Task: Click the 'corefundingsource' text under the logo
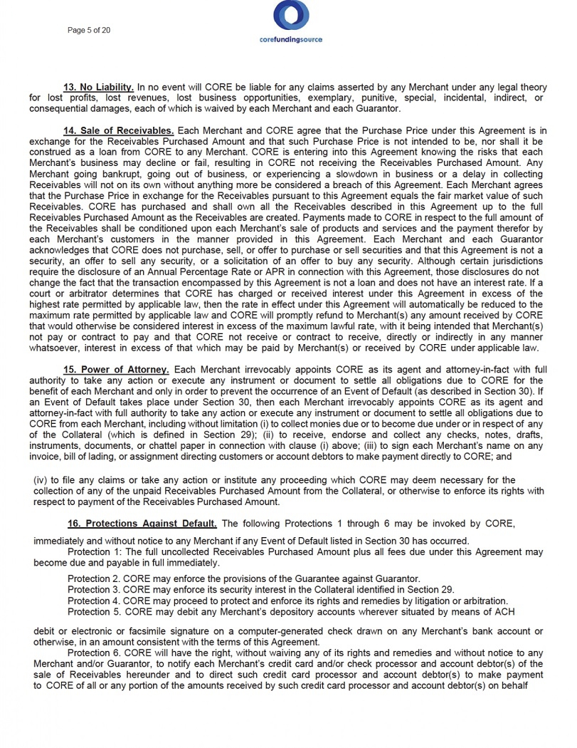coord(290,40)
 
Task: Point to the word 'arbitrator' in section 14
coord(73,295)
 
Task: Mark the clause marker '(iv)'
coord(41,479)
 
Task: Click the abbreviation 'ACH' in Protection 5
coord(504,611)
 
